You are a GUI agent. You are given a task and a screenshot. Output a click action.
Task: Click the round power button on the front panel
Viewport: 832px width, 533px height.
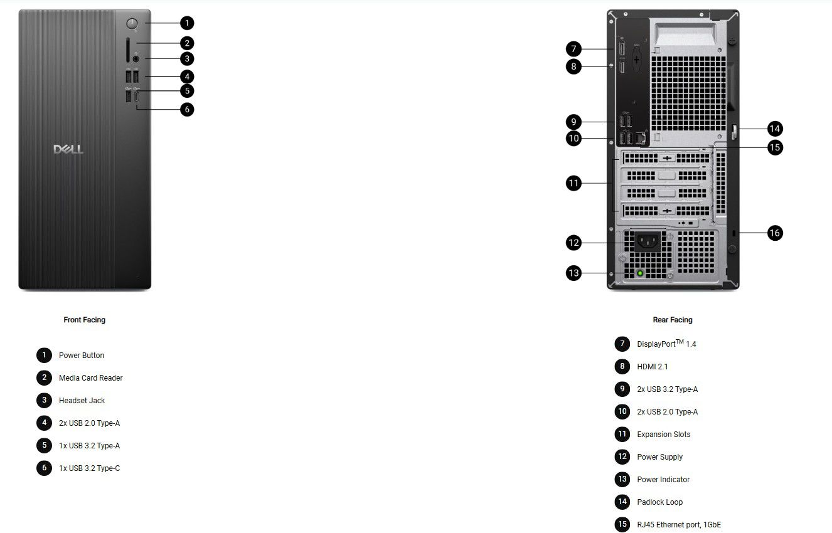(132, 24)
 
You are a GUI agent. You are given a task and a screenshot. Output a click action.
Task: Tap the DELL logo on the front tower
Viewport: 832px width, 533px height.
(68, 149)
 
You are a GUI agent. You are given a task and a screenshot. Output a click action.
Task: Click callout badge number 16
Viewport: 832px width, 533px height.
(775, 233)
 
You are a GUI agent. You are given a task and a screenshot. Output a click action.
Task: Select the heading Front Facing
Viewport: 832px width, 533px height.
(85, 320)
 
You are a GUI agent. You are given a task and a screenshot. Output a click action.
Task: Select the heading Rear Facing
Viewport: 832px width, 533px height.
(673, 320)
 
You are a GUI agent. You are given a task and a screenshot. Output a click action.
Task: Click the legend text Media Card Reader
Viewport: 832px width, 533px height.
(90, 378)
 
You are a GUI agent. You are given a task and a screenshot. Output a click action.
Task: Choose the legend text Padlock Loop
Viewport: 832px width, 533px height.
(659, 502)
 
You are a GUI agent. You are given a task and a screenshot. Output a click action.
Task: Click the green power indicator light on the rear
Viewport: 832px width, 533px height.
(640, 273)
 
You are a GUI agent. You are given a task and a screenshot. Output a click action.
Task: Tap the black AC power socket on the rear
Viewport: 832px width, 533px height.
(649, 240)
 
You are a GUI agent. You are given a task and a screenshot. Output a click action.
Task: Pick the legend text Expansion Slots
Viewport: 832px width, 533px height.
(663, 435)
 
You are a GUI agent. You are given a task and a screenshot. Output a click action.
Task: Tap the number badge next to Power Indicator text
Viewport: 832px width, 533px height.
(622, 480)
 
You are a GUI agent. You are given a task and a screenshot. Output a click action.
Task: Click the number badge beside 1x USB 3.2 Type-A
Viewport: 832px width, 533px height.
(44, 446)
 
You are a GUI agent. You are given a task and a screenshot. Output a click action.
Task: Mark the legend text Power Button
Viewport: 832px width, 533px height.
(82, 356)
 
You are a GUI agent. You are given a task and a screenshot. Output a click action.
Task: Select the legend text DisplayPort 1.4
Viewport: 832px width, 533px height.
(666, 344)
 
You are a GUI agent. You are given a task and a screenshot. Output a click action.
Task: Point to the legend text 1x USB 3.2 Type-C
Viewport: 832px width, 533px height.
(89, 468)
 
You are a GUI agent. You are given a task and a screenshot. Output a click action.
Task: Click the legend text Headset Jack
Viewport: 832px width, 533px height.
(82, 401)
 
